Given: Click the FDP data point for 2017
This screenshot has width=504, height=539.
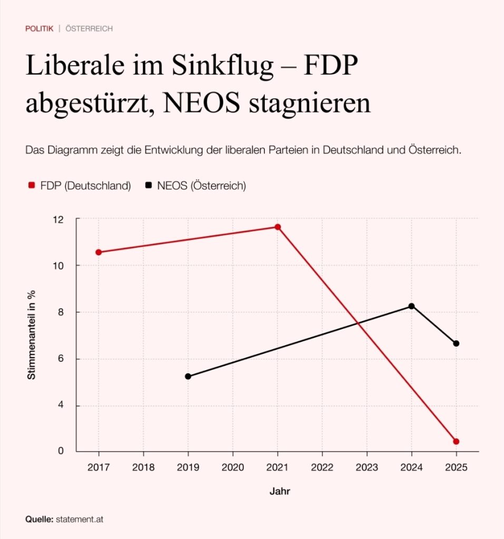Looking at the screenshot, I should click(98, 252).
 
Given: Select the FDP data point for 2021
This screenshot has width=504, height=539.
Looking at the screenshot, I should click(278, 227).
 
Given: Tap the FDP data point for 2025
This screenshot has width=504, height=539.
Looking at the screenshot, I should click(456, 441).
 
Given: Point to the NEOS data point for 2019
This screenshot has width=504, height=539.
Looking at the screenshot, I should click(188, 376).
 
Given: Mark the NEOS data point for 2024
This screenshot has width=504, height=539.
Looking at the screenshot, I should click(411, 306).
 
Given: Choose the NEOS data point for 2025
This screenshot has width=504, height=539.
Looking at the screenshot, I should click(456, 343).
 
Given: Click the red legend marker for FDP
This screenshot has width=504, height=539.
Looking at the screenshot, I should click(31, 185).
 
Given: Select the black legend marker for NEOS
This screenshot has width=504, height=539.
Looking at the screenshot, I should click(149, 185).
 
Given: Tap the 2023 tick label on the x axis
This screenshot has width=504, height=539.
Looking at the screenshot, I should click(367, 466).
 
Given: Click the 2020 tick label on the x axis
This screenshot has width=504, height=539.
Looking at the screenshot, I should click(233, 466).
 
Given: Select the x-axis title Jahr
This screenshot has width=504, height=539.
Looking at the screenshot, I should click(280, 492).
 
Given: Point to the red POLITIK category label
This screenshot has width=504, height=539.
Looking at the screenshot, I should click(39, 28).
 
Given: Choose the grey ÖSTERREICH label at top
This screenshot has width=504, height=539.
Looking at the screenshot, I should click(89, 28).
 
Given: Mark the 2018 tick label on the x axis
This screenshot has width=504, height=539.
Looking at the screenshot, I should click(143, 466).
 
